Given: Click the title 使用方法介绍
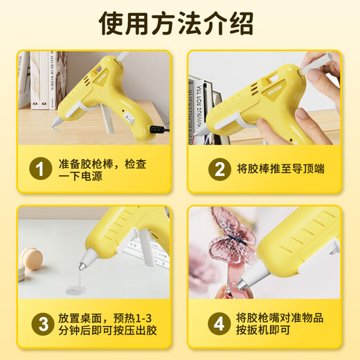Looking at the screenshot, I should click(179, 25).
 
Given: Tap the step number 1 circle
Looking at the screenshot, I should click(41, 170).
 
